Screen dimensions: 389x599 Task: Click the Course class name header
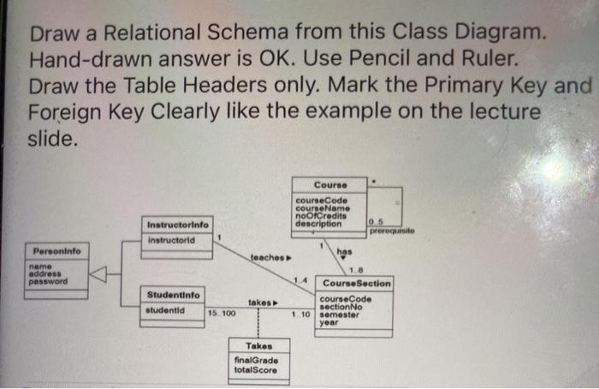click(x=329, y=185)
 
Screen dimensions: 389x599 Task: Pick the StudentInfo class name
click(x=173, y=295)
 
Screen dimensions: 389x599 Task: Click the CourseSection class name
click(x=357, y=283)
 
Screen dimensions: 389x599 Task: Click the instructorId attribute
click(x=172, y=241)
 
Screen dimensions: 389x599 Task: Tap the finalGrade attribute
click(x=255, y=361)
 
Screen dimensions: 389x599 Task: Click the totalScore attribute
click(x=255, y=370)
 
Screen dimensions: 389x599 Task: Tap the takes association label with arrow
click(x=263, y=302)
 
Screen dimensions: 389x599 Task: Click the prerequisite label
click(x=395, y=231)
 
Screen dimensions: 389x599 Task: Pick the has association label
click(x=344, y=251)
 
